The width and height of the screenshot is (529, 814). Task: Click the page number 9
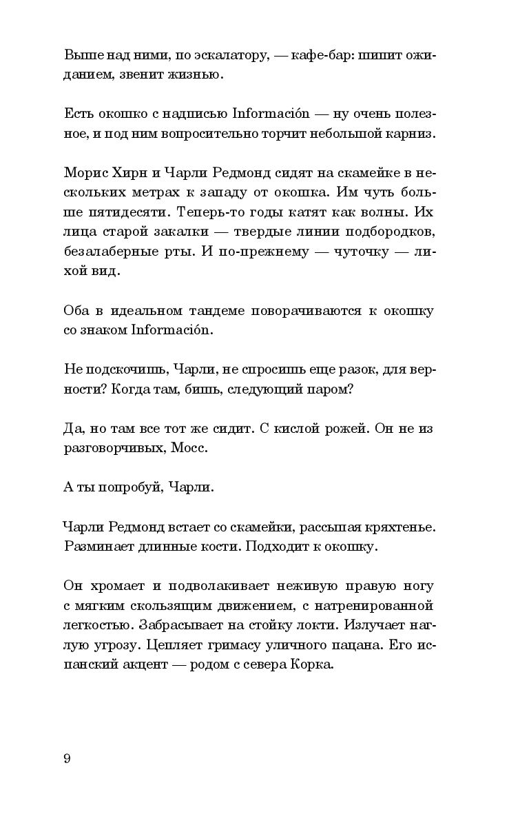67,758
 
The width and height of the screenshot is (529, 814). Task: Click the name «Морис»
85,174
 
